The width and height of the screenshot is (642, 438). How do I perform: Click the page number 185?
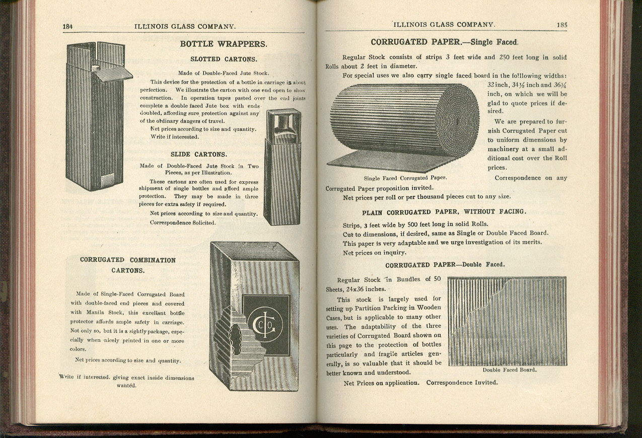click(562, 24)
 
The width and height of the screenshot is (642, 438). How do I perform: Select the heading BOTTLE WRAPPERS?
click(224, 44)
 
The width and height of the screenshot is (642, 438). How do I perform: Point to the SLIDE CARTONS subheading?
click(198, 154)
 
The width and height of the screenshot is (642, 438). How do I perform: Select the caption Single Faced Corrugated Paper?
click(405, 178)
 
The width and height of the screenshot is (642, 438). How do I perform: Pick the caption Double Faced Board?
click(509, 370)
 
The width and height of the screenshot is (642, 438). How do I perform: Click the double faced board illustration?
click(507, 321)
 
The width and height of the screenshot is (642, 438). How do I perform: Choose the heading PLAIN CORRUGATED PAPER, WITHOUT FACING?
click(444, 212)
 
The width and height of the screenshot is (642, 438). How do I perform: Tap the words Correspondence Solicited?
click(183, 223)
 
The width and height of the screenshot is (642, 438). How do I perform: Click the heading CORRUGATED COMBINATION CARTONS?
click(128, 265)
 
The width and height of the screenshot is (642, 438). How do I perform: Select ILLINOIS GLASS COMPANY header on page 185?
click(444, 24)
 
